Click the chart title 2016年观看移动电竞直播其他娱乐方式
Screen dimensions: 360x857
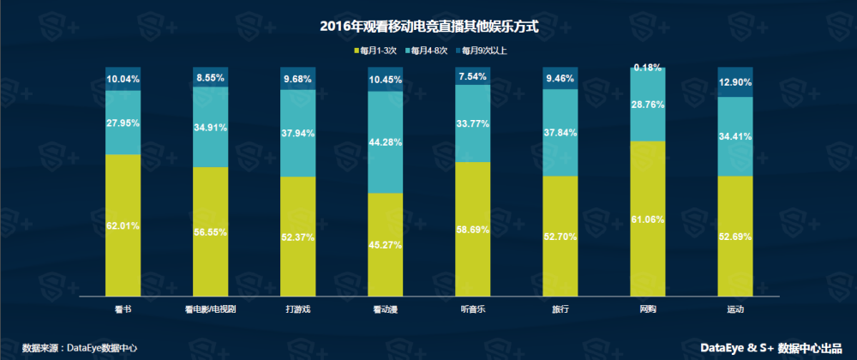[428, 27]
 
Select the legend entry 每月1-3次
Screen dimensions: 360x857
[376, 51]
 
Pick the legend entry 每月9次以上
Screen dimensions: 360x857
[485, 51]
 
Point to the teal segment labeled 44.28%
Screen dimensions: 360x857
[386, 141]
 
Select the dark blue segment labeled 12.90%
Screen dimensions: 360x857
[734, 82]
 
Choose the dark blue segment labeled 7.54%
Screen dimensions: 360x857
[473, 76]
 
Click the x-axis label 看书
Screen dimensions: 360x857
[123, 308]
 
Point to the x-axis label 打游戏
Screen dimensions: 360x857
[298, 308]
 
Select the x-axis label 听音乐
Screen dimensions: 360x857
[473, 308]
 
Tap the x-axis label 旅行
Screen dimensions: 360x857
[560, 308]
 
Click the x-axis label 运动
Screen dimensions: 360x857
[734, 308]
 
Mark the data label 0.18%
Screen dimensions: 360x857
[648, 67]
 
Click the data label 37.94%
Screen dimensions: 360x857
[298, 134]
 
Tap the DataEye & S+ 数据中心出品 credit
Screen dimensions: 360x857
[771, 348]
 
